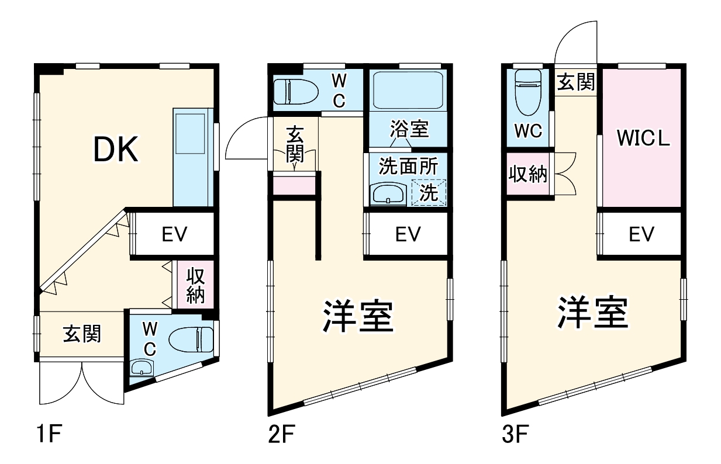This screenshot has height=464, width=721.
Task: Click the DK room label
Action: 116,150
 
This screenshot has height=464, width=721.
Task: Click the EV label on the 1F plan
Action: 174,235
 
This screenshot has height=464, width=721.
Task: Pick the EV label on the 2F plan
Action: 408,235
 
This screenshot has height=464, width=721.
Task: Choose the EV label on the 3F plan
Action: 641,235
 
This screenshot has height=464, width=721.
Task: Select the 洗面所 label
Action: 408,167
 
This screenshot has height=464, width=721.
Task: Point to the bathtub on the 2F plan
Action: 408,90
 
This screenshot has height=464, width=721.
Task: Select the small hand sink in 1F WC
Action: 141,368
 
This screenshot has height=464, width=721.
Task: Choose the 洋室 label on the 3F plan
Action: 592,313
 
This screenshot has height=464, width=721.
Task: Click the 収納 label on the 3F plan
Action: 527,175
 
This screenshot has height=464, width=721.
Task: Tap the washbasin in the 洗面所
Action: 388,193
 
